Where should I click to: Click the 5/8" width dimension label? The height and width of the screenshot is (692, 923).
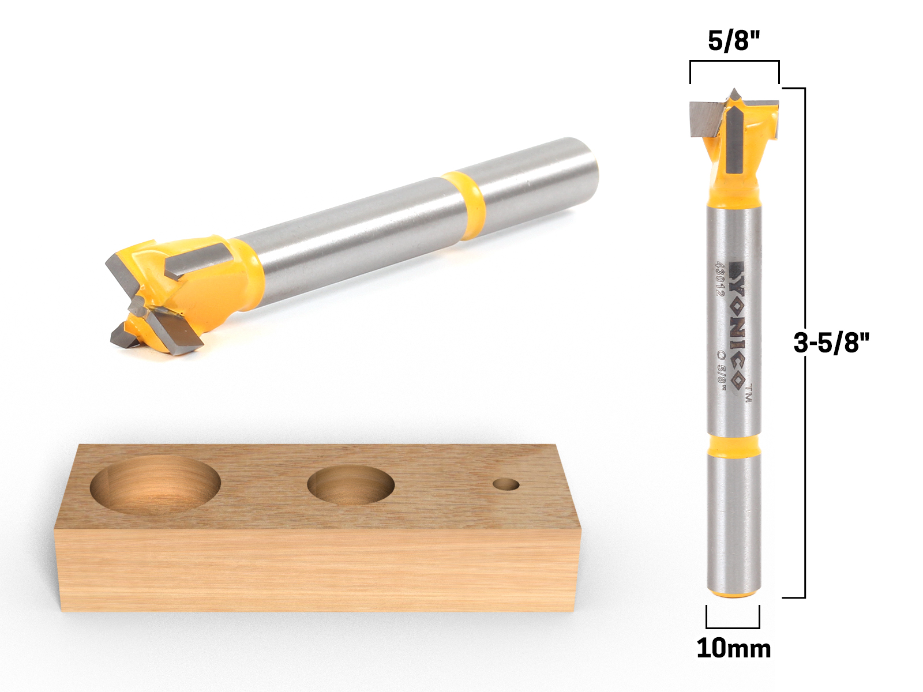(x=733, y=41)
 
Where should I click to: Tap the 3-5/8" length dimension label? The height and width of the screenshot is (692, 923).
(x=831, y=343)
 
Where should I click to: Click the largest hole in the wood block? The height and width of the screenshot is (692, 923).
(x=155, y=486)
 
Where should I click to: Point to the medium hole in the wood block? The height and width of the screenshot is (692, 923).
(x=351, y=484)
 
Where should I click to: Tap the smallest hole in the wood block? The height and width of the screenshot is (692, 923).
(x=506, y=484)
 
